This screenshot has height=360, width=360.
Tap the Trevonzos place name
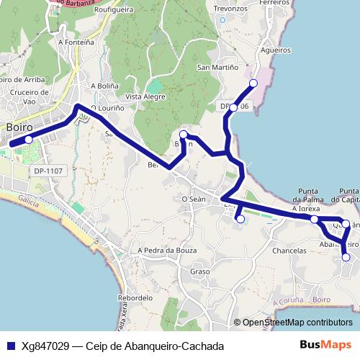[231, 9]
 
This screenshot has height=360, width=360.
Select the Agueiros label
[276, 51]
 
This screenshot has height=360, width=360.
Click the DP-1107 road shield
[48, 171]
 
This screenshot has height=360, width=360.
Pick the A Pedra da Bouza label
[166, 250]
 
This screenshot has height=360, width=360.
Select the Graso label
[199, 271]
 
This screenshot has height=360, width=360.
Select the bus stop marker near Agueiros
[253, 84]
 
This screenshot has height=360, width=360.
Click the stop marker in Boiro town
[28, 140]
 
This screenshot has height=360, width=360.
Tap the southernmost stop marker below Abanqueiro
[346, 257]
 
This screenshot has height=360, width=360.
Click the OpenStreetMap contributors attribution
[297, 323]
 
